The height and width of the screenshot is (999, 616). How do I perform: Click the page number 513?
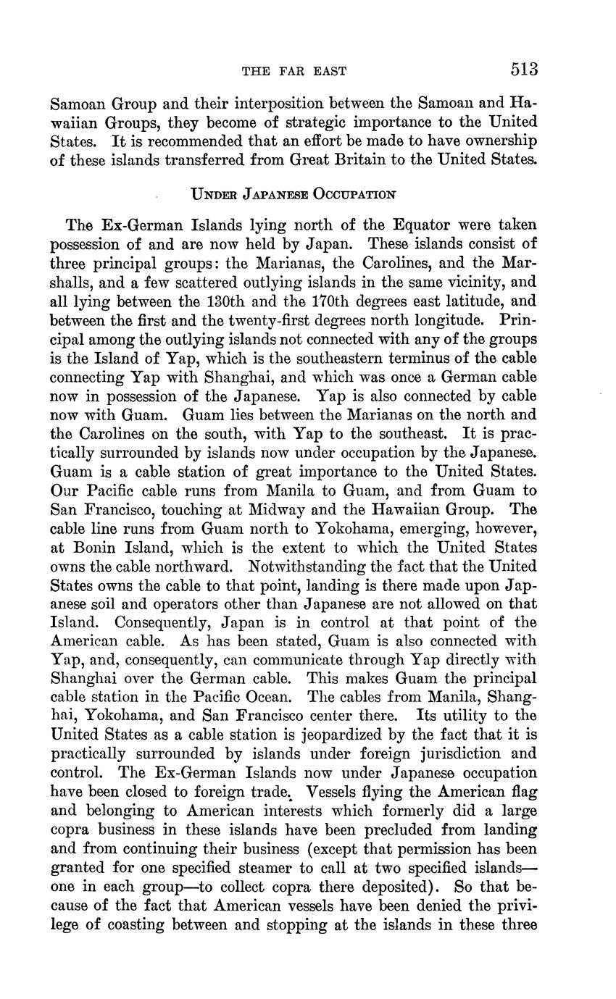pos(524,70)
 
